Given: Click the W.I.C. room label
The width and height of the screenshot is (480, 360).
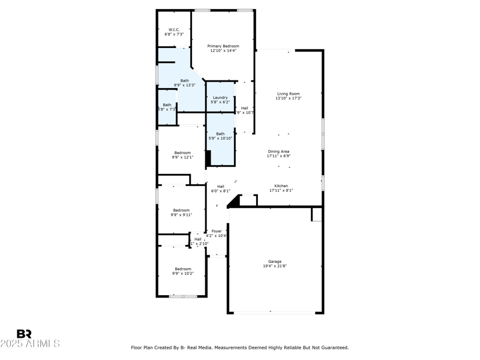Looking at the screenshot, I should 174,29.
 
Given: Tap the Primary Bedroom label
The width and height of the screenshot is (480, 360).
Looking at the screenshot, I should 223,46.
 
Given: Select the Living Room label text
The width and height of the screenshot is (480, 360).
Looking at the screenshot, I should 288,94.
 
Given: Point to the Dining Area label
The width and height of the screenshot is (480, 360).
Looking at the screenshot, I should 278,151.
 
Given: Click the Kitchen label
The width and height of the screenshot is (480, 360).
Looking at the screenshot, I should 281,186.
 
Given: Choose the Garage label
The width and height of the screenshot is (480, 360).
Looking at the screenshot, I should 275,262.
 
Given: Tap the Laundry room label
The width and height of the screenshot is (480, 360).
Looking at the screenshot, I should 220,97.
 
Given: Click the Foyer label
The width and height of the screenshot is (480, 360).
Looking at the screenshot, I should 217,231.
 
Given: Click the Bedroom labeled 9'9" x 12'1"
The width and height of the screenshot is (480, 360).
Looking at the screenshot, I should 182,152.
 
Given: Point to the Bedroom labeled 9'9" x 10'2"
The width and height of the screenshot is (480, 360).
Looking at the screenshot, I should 183,269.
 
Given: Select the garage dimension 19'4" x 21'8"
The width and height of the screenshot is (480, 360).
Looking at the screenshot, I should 275,266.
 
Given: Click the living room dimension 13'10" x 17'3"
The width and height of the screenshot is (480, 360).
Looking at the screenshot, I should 288,98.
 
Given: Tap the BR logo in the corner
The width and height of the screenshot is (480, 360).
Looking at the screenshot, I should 24,334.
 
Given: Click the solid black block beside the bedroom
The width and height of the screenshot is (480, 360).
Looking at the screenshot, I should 208,158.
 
